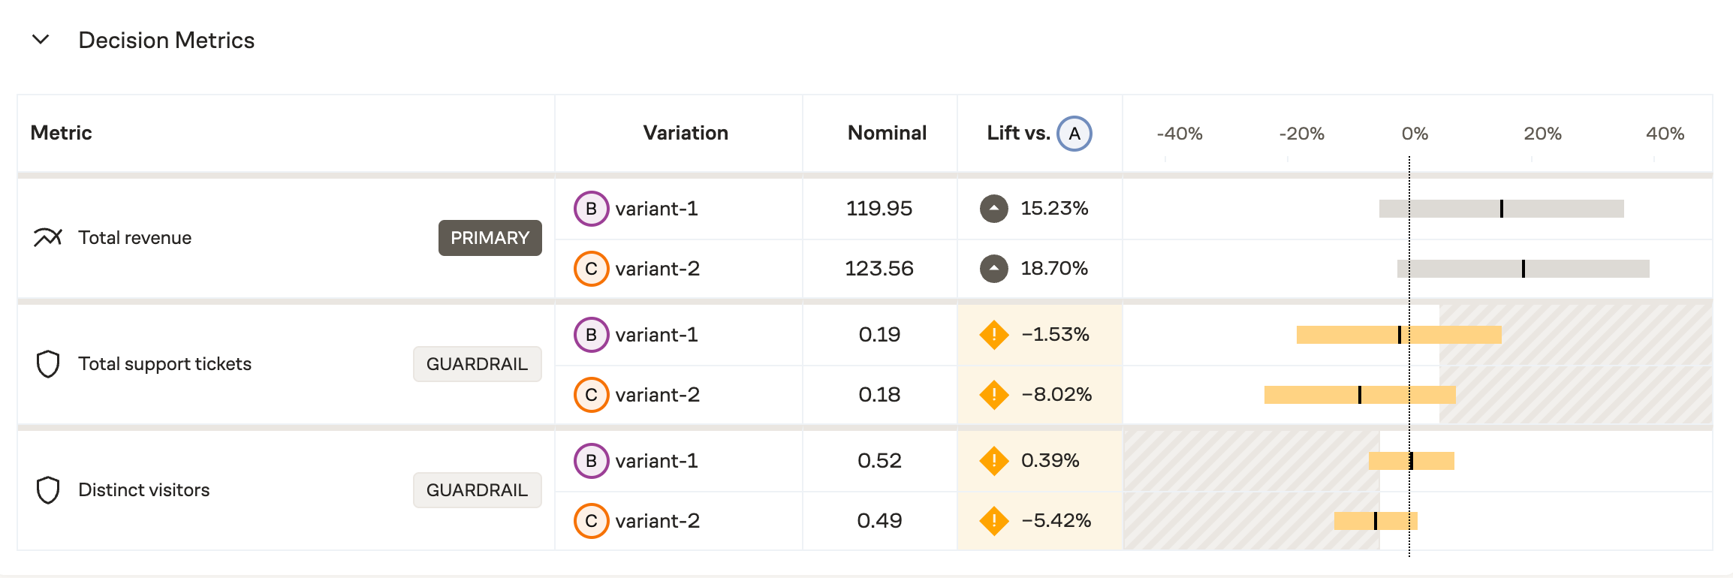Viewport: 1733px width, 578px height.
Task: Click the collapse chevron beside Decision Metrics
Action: click(41, 39)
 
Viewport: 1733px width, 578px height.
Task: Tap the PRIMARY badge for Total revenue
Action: click(490, 238)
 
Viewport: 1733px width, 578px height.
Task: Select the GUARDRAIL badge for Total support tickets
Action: click(477, 364)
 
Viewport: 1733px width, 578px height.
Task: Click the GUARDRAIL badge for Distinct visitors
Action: click(477, 490)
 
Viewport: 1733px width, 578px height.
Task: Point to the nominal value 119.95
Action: click(879, 209)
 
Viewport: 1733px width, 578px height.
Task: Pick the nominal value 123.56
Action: click(879, 269)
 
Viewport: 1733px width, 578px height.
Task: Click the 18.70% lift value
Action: click(1053, 269)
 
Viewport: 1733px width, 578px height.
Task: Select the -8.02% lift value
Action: click(1056, 395)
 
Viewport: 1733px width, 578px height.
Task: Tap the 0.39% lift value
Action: click(1050, 461)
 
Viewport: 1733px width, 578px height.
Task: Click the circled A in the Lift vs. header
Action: click(1074, 134)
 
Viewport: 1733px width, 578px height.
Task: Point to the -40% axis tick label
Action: click(1179, 134)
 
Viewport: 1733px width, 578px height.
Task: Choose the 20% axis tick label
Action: click(1542, 134)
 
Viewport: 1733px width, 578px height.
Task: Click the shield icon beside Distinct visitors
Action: click(48, 490)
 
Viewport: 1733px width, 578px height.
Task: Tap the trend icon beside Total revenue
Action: click(47, 238)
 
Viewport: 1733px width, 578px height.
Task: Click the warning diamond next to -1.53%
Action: click(994, 335)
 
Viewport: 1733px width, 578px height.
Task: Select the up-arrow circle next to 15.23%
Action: click(994, 209)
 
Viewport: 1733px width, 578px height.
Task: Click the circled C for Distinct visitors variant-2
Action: click(591, 521)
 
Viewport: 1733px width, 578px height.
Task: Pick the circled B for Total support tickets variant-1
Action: click(591, 335)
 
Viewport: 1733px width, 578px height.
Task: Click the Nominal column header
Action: click(887, 133)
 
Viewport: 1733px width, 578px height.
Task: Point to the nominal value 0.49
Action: click(879, 521)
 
